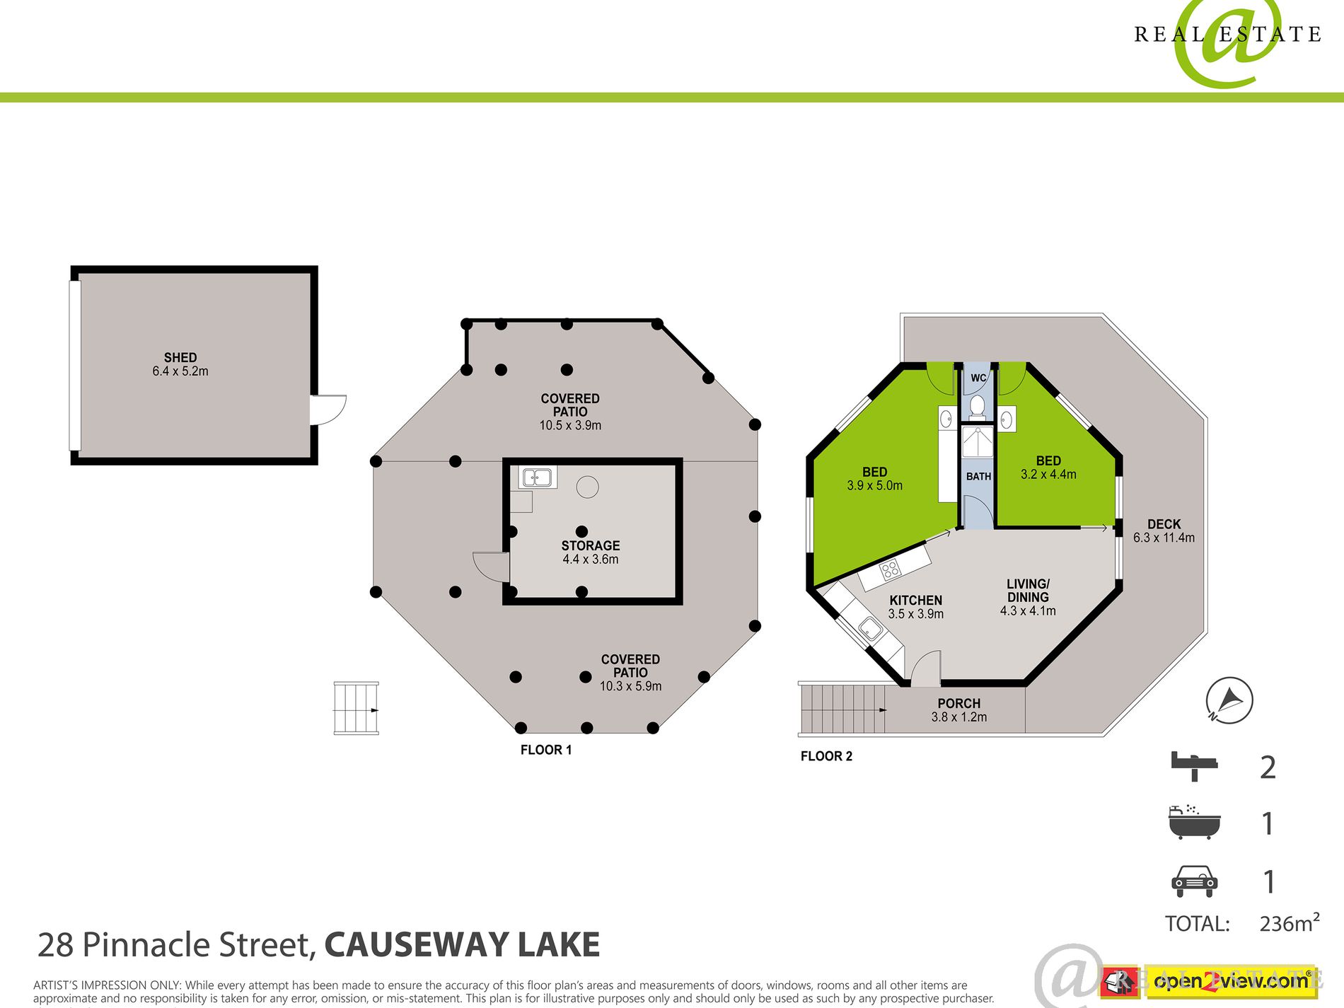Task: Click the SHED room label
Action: click(180, 358)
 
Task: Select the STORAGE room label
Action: click(591, 545)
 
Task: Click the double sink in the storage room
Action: click(537, 478)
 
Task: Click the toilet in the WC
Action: click(977, 406)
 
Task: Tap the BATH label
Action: click(978, 477)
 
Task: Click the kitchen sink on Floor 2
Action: click(870, 629)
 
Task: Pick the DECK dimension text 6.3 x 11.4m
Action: click(1164, 538)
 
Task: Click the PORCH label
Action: click(958, 703)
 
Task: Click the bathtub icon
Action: click(1195, 822)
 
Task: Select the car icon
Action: click(1195, 881)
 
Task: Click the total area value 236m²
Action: click(1290, 922)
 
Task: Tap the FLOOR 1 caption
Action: click(546, 750)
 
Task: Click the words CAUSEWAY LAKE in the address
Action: click(462, 945)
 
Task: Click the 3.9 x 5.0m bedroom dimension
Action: click(874, 486)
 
